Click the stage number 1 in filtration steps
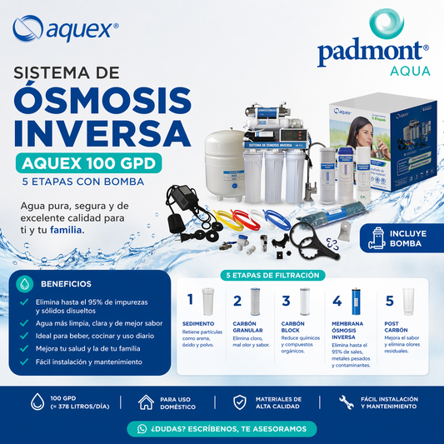pyautogui.click(x=190, y=299)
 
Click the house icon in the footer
pyautogui.click(x=146, y=402)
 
